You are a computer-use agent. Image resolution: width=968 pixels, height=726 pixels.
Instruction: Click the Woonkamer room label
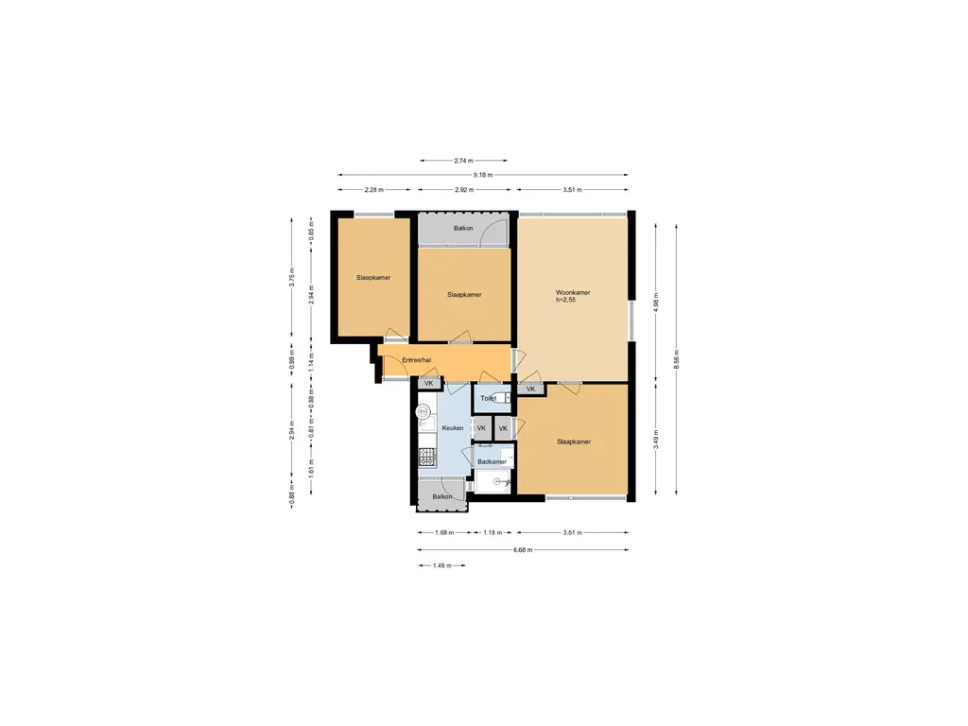[572, 293]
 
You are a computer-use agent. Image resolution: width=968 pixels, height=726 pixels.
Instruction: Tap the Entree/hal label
[416, 360]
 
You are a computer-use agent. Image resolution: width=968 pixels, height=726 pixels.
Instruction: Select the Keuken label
[453, 428]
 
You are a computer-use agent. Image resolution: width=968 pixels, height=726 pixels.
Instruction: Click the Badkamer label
[492, 461]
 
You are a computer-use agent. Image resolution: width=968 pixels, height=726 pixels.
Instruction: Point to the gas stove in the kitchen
[426, 457]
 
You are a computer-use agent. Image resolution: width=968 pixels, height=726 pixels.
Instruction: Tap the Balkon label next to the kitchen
[442, 496]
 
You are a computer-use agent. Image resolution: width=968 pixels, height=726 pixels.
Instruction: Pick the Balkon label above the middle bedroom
[463, 229]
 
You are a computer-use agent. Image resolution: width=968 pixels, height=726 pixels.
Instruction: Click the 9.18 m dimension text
[483, 175]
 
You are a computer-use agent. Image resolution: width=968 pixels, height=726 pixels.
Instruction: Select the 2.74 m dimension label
[463, 161]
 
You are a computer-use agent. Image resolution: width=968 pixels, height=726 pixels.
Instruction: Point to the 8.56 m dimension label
[676, 358]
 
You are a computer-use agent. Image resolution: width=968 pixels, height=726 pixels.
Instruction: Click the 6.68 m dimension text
[522, 549]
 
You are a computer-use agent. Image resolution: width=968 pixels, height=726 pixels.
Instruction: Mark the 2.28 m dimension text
[373, 189]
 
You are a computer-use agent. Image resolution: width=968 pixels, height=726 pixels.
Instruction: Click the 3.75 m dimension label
[292, 277]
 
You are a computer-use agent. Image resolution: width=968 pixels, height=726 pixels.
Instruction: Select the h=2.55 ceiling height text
[565, 300]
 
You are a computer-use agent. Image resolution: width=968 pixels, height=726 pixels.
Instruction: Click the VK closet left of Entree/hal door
[429, 384]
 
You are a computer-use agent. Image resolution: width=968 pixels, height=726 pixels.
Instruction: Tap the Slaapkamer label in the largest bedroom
[574, 442]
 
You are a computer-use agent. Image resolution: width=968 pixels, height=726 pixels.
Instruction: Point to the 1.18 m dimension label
[492, 532]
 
